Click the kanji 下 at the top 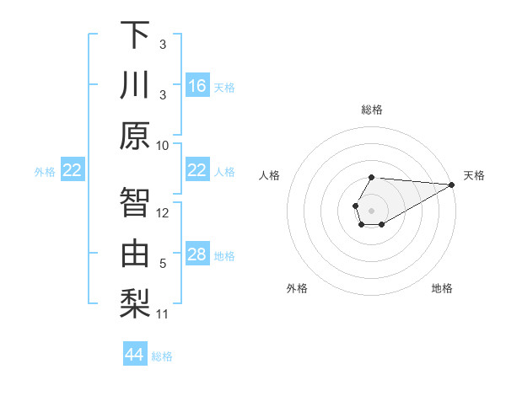click(135, 37)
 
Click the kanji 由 click(135, 254)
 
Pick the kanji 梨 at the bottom click(135, 304)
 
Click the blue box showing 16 click(197, 86)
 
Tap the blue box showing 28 click(197, 254)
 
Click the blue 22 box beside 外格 click(73, 170)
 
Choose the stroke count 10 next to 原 click(163, 145)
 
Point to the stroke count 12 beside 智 click(163, 212)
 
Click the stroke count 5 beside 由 click(163, 263)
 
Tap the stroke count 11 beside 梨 click(163, 314)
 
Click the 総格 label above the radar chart click(371, 110)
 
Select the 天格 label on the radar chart click(474, 175)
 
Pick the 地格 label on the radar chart click(442, 289)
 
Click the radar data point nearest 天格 click(452, 184)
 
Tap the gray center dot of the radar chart click(371, 209)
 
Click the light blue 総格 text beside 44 click(162, 356)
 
